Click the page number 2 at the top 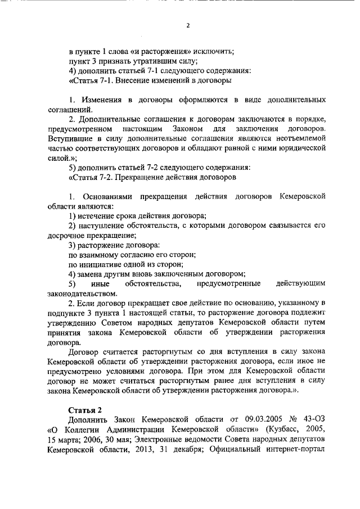188,25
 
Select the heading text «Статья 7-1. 90,81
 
